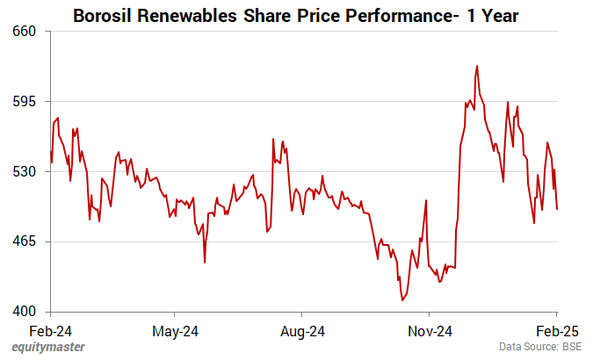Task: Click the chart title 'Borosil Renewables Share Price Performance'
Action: coord(295,15)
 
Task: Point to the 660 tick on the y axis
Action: coord(24,31)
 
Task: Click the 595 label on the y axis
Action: coord(24,101)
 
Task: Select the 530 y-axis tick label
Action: coord(24,171)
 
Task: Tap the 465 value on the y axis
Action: coord(24,241)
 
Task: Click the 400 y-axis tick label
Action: coord(24,312)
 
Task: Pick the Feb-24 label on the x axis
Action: coord(50,331)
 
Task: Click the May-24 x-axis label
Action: coord(176,331)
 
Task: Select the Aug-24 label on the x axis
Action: coord(302,331)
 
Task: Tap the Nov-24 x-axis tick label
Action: coord(430,331)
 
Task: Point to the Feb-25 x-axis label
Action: coord(556,331)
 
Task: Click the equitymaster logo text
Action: coord(48,347)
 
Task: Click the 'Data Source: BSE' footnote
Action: coord(540,347)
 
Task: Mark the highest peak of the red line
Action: coord(477,66)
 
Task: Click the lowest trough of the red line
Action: coord(402,300)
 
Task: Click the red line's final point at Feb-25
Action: coord(557,208)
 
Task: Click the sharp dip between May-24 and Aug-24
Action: coord(205,262)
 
